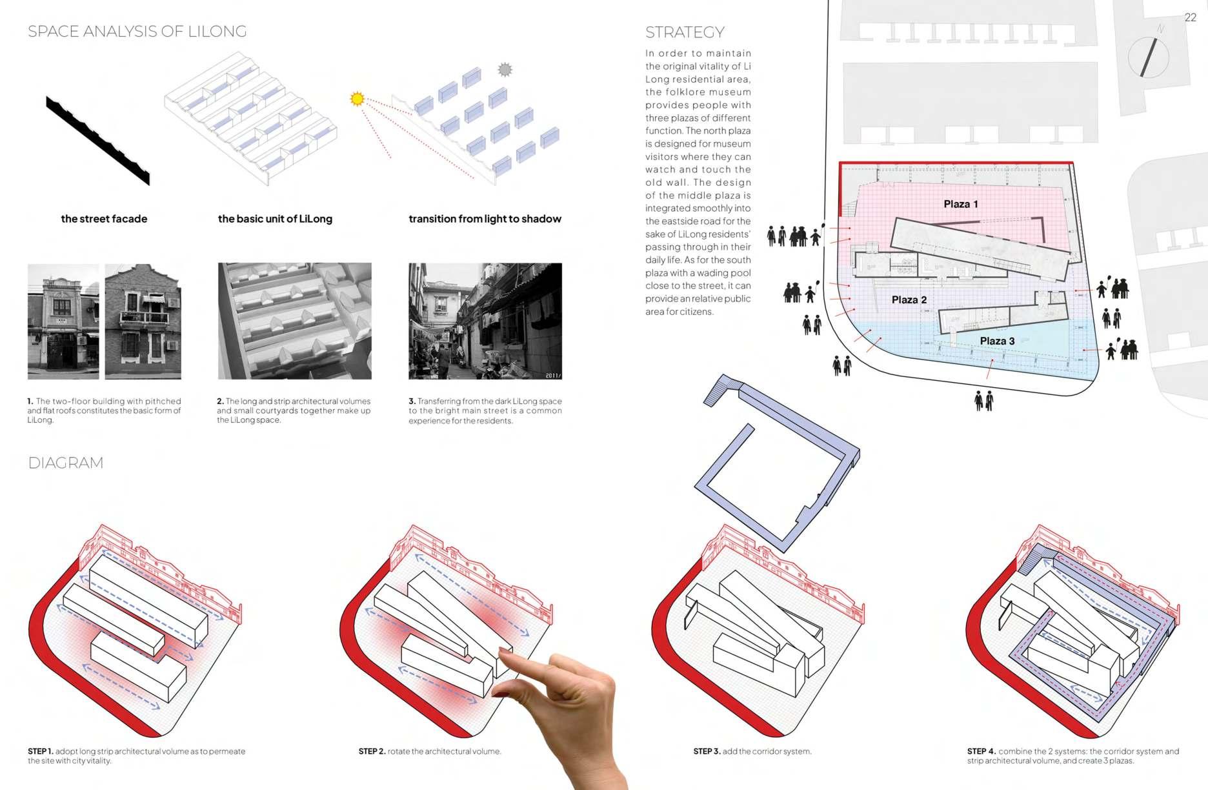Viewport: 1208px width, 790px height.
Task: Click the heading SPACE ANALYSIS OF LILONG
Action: pyautogui.click(x=137, y=32)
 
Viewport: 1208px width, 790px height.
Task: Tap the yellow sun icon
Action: pyautogui.click(x=357, y=99)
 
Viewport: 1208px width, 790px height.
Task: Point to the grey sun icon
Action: pyautogui.click(x=505, y=70)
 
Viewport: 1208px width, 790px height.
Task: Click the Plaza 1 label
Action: pyautogui.click(x=960, y=204)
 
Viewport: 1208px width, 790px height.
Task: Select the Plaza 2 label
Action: pyautogui.click(x=909, y=299)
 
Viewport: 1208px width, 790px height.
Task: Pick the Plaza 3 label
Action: pyautogui.click(x=997, y=341)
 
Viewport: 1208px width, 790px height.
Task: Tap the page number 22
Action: pyautogui.click(x=1191, y=17)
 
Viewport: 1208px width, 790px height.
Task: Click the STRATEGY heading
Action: pyautogui.click(x=685, y=32)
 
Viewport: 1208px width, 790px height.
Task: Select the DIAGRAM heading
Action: pyautogui.click(x=65, y=463)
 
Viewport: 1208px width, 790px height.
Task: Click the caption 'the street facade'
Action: pyautogui.click(x=104, y=219)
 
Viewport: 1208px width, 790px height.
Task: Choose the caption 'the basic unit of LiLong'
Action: pyautogui.click(x=275, y=219)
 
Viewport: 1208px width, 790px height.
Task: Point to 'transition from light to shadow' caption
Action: pyautogui.click(x=485, y=219)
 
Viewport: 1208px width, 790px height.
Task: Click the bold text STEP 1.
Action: pyautogui.click(x=41, y=751)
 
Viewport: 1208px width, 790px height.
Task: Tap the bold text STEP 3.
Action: pyautogui.click(x=707, y=751)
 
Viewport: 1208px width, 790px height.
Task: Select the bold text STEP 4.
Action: pyautogui.click(x=982, y=751)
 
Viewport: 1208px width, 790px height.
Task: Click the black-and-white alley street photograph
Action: pyautogui.click(x=485, y=321)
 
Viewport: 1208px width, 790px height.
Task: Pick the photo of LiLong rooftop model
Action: pyautogui.click(x=295, y=321)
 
